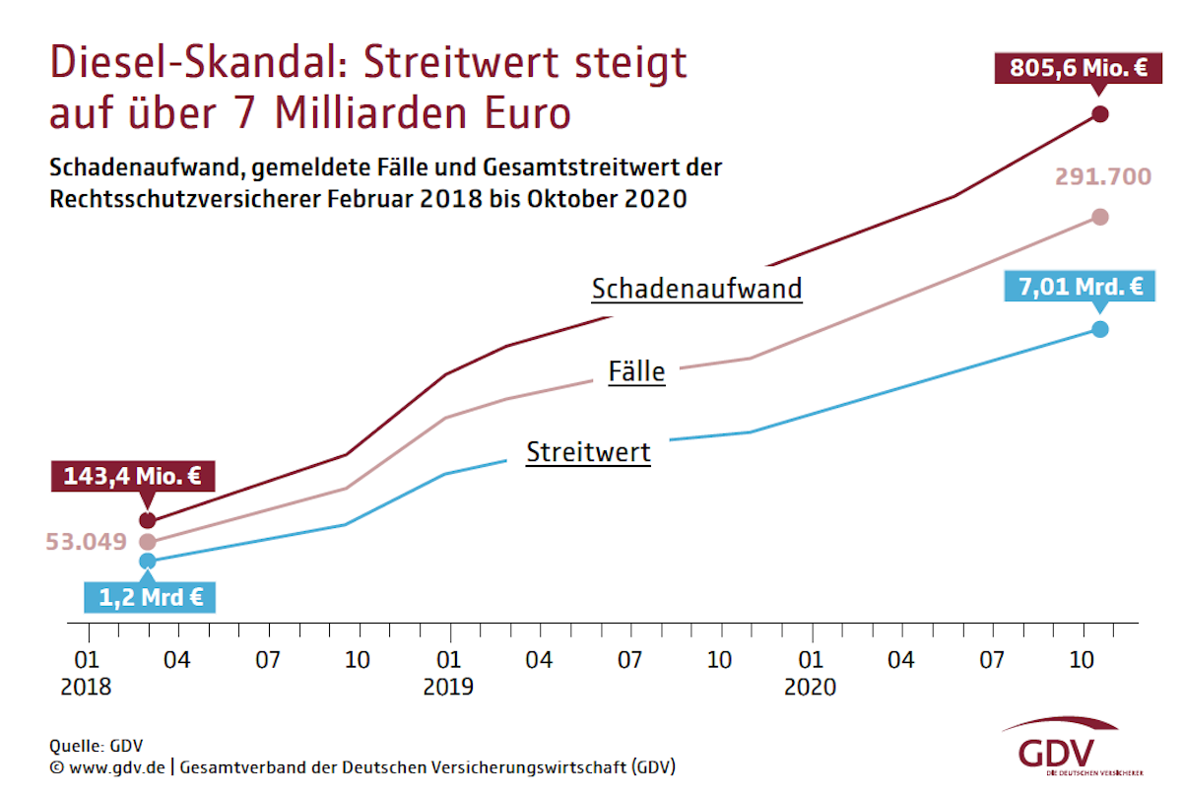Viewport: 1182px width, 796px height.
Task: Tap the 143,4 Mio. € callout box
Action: click(132, 477)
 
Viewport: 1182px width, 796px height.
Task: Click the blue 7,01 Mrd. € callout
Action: click(1080, 288)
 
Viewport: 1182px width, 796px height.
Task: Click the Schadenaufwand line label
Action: click(696, 289)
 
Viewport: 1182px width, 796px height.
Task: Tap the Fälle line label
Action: click(636, 372)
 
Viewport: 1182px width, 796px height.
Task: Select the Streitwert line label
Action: click(588, 452)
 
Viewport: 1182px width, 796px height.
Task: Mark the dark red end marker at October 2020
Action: click(1100, 113)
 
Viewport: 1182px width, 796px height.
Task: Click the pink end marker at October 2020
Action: click(1100, 217)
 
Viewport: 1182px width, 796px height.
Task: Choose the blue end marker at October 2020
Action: click(1100, 328)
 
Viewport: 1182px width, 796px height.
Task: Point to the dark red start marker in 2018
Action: click(148, 520)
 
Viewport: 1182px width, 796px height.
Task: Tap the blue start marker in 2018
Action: click(148, 561)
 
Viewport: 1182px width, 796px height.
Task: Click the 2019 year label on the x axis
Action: click(448, 687)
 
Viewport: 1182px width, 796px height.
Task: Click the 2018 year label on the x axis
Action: click(86, 687)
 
